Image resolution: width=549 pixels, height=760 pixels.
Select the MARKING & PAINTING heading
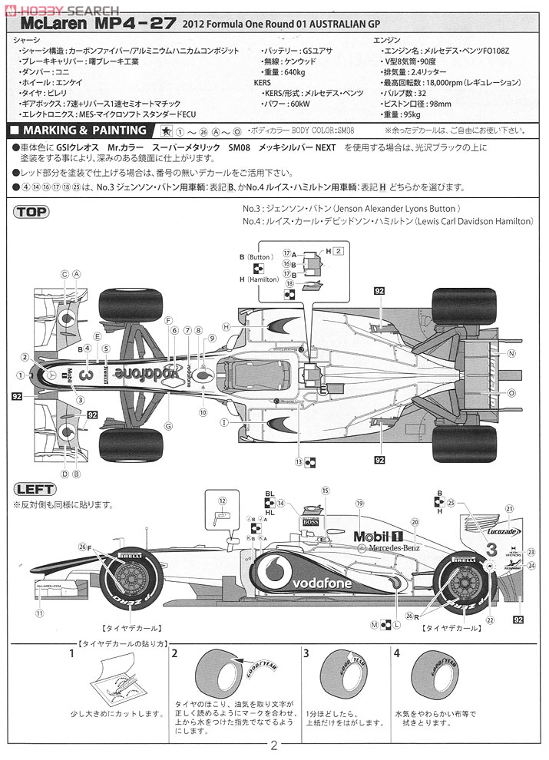pos(84,131)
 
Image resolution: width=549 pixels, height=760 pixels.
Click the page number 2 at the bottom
pos(274,745)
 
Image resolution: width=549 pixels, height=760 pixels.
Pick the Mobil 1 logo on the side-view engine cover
pos(379,535)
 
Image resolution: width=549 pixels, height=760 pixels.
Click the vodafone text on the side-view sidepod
pos(322,583)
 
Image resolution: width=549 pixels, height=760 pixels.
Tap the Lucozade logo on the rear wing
pos(503,530)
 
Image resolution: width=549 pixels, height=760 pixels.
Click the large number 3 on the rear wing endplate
pos(491,548)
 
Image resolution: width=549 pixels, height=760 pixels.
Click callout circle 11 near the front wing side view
pos(39,613)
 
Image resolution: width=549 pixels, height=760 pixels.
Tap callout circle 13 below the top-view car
pos(298,462)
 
